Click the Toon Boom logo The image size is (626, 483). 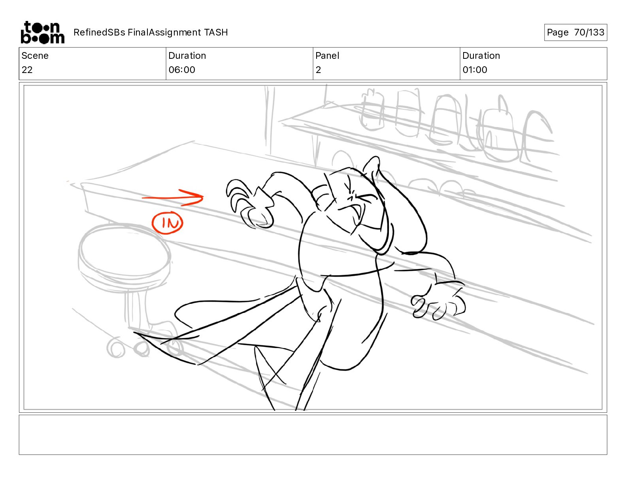pos(43,32)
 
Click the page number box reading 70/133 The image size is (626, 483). pos(575,32)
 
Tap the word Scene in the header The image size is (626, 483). pos(35,56)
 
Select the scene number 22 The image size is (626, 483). pos(27,69)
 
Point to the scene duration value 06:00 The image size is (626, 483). pos(182,69)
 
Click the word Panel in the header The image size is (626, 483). pos(327,56)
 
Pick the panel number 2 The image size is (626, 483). pos(318,69)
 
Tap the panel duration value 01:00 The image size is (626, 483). pos(475,69)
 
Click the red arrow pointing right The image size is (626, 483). pos(173,198)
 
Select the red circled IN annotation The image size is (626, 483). pos(168,223)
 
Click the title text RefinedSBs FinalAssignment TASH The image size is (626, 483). pos(151,32)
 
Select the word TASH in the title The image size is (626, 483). pos(216,32)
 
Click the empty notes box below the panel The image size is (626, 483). pos(313,435)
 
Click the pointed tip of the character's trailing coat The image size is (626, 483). pos(134,333)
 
